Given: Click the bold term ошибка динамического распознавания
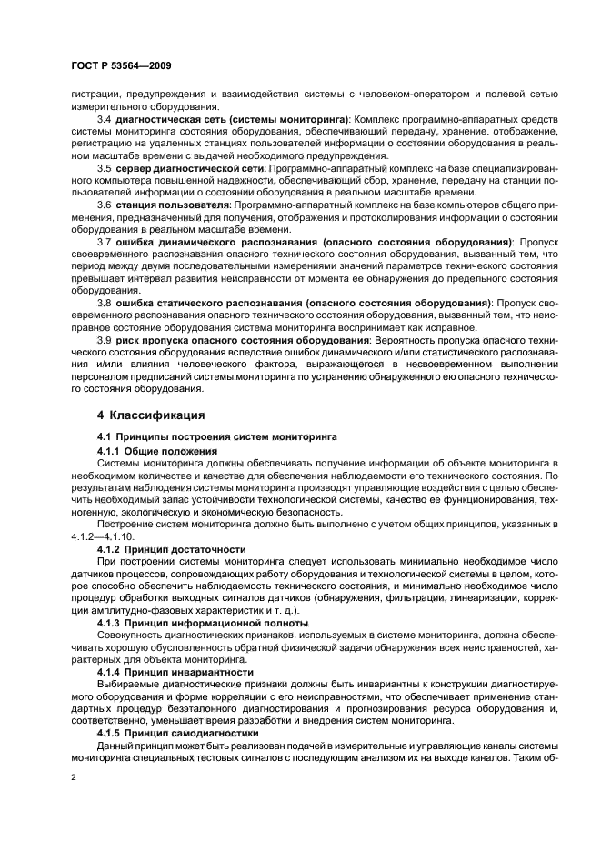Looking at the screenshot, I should pos(212,243).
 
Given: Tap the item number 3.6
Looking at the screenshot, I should pos(104,206).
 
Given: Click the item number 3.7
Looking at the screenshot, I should pos(104,243).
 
